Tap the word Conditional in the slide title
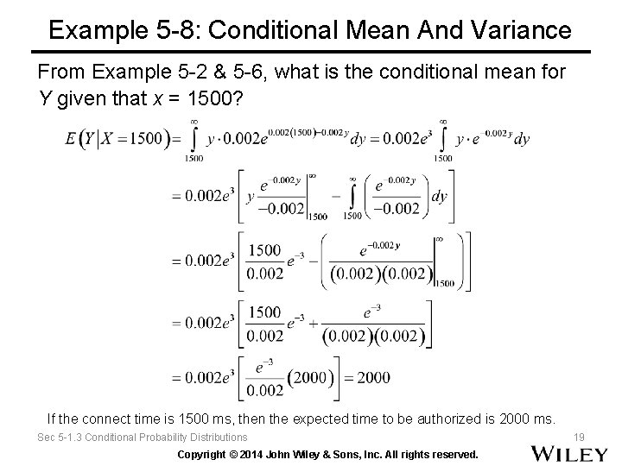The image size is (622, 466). (276, 31)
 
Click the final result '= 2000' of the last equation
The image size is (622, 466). (371, 377)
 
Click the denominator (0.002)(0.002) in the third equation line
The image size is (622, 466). (381, 274)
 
